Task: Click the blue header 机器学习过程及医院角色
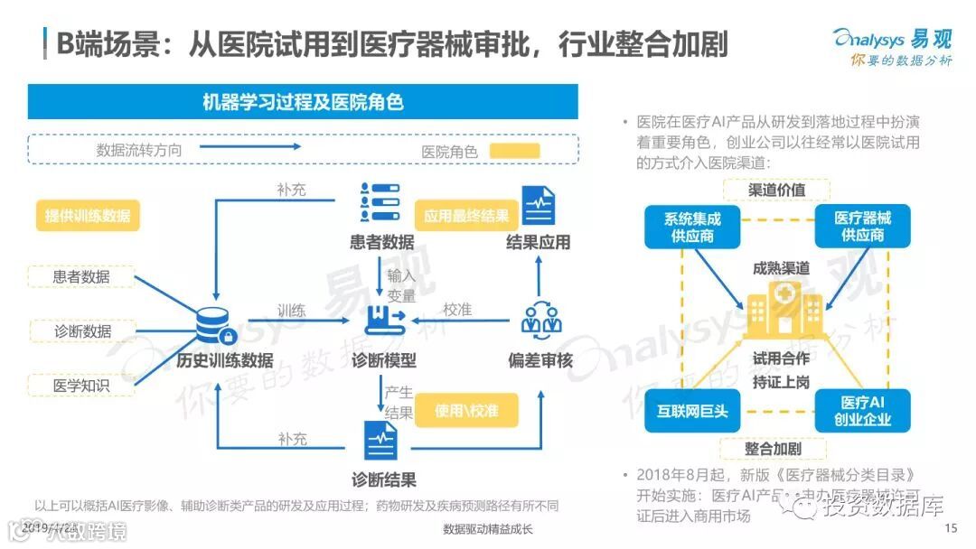pyautogui.click(x=303, y=101)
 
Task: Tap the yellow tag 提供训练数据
pyautogui.click(x=88, y=216)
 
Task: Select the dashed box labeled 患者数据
pyautogui.click(x=81, y=276)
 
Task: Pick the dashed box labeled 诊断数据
pyautogui.click(x=81, y=331)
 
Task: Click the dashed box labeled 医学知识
pyautogui.click(x=81, y=386)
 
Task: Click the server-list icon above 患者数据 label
pyautogui.click(x=380, y=202)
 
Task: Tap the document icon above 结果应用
pyautogui.click(x=539, y=206)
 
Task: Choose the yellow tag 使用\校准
pyautogui.click(x=465, y=411)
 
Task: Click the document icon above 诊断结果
pyautogui.click(x=382, y=441)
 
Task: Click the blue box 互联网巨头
pyautogui.click(x=692, y=411)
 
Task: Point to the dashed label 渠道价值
pyautogui.click(x=776, y=190)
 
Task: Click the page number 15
pyautogui.click(x=950, y=528)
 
